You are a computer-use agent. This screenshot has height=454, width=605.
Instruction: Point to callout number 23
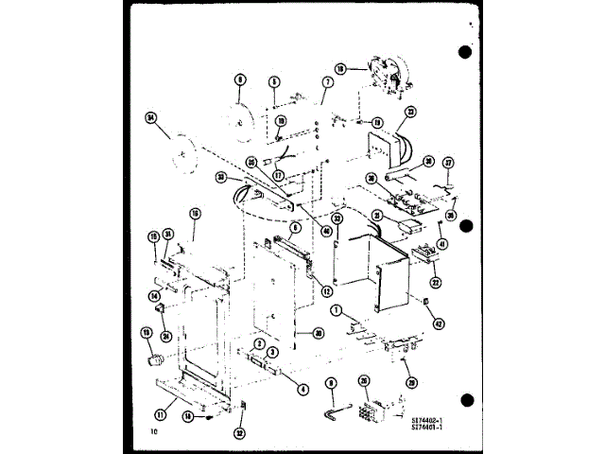click(x=409, y=111)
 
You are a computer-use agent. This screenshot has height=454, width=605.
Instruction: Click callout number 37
click(x=449, y=161)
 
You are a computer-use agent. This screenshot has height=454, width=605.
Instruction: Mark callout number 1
click(x=336, y=311)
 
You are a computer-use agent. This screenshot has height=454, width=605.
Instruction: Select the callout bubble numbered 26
click(x=364, y=382)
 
